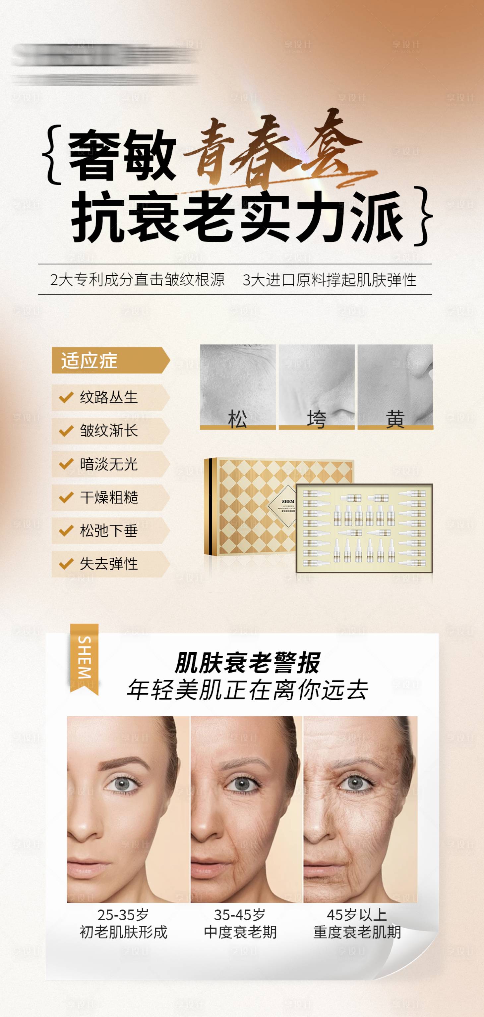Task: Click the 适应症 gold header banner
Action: [x=107, y=360]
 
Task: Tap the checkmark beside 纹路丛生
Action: [x=66, y=397]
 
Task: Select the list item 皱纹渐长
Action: [x=109, y=431]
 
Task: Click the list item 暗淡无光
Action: [x=109, y=464]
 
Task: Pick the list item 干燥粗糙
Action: [x=109, y=497]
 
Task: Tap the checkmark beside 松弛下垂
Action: [x=66, y=530]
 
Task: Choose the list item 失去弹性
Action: [x=109, y=564]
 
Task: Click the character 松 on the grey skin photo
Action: [x=237, y=419]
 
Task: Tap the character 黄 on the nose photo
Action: [x=395, y=419]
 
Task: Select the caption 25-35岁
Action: [x=123, y=914]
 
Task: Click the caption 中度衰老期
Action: [x=240, y=932]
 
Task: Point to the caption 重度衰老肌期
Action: [x=357, y=932]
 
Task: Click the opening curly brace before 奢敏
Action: [x=53, y=155]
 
